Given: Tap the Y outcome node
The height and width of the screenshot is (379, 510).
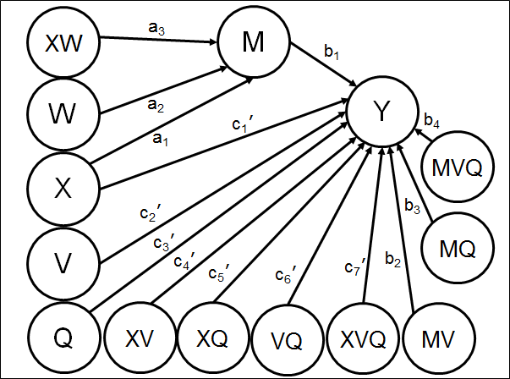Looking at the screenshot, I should click(x=382, y=113).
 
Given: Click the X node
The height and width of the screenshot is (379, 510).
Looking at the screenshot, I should click(x=61, y=187).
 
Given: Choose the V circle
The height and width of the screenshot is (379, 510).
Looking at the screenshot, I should click(x=61, y=261).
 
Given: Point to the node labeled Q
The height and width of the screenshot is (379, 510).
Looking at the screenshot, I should click(x=61, y=337).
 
